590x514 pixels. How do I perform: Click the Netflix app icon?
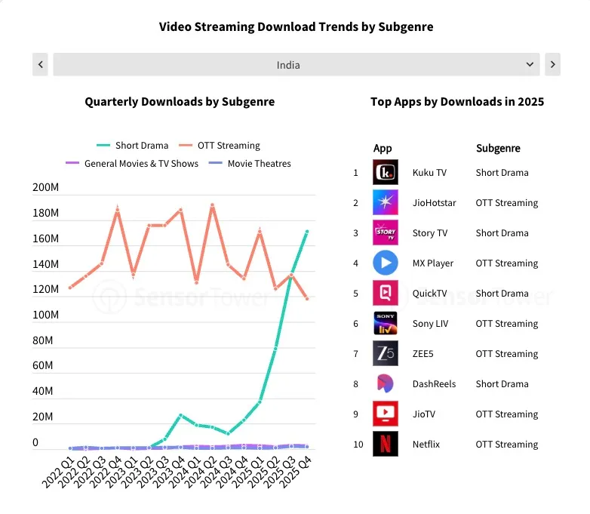(386, 444)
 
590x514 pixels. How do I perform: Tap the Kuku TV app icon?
(386, 172)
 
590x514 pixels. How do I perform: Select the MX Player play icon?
(386, 263)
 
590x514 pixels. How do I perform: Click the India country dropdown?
(296, 64)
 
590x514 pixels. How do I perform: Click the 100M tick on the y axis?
(45, 315)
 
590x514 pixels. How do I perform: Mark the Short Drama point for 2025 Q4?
(307, 232)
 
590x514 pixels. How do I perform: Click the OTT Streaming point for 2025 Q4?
(307, 299)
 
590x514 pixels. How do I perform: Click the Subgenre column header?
(498, 148)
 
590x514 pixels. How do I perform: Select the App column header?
(383, 148)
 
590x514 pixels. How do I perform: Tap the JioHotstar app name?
(434, 202)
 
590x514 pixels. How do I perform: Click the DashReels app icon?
(386, 383)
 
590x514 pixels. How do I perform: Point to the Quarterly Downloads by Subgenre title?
(180, 101)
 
